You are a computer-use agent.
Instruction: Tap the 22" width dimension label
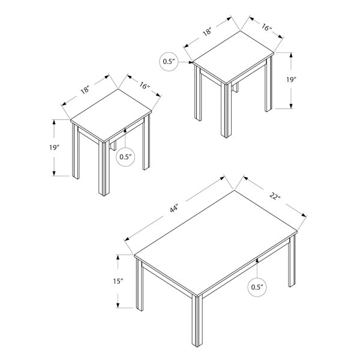tap(275, 196)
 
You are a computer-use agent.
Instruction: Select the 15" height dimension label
tap(118, 281)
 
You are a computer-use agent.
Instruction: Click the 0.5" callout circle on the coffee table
tap(257, 287)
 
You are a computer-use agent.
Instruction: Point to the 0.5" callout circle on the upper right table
tap(169, 62)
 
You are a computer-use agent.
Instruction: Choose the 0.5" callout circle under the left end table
tap(125, 157)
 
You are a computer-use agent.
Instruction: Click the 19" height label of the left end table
tap(55, 148)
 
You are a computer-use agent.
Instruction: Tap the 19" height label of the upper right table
tap(291, 80)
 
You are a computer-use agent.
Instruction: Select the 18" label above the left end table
tap(85, 89)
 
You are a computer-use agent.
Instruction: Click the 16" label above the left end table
tap(145, 86)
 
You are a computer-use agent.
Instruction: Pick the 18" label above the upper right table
tap(207, 31)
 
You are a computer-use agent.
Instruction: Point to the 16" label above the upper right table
tap(266, 28)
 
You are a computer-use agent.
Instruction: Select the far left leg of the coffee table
tap(139, 284)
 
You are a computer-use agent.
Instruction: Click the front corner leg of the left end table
tap(104, 168)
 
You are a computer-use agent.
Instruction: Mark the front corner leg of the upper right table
tap(226, 110)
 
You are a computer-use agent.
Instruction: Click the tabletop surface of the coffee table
tap(215, 242)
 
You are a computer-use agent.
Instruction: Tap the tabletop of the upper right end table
tap(233, 58)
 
